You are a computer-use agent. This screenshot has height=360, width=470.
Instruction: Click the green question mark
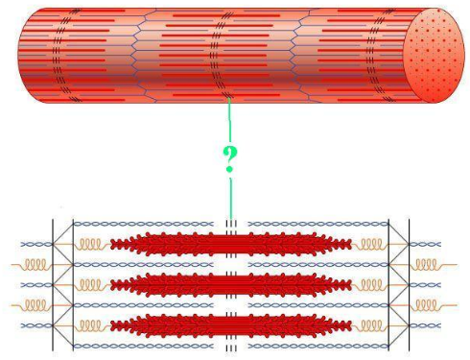coord(230,159)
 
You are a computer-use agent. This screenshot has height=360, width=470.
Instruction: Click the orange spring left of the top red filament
coord(94,244)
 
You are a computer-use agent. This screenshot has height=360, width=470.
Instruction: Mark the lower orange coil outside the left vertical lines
coord(35,304)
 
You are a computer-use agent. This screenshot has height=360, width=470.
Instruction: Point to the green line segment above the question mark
coord(229,119)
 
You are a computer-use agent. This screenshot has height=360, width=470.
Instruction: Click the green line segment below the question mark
coord(230,197)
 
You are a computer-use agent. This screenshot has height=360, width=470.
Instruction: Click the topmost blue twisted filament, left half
coord(144,224)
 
